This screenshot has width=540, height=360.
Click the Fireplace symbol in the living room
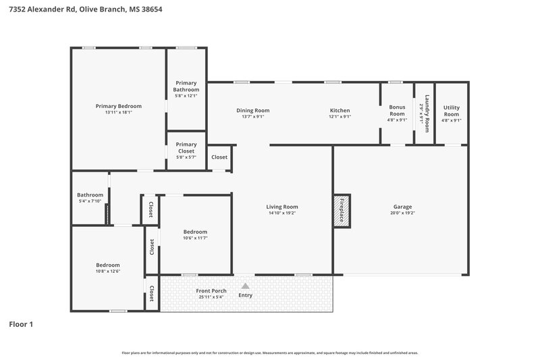click(341, 210)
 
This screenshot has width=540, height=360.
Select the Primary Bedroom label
click(118, 106)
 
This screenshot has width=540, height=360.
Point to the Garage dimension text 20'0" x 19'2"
click(402, 213)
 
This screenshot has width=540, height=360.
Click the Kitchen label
click(340, 110)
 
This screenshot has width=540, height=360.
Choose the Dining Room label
click(252, 110)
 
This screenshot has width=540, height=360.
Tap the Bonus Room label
click(397, 110)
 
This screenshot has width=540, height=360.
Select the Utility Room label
click(451, 110)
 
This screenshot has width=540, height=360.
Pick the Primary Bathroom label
click(186, 86)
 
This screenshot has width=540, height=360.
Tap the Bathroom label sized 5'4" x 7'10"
click(90, 195)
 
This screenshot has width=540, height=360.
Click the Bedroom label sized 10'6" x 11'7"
click(195, 232)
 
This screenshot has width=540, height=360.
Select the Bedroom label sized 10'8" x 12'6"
click(107, 265)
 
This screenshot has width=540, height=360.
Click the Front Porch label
click(211, 291)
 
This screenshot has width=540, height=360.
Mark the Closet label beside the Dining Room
click(219, 157)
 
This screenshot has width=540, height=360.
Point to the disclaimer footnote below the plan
click(269, 353)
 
